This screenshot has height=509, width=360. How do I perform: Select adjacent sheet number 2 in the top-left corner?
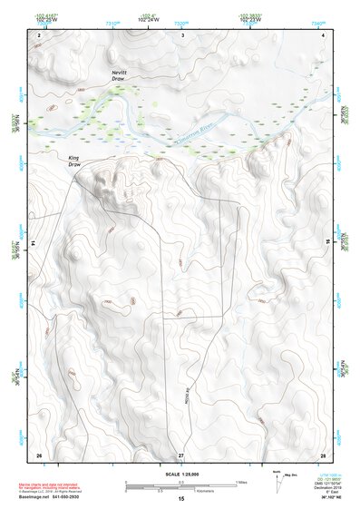tap(39, 34)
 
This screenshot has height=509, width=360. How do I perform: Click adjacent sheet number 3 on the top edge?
tap(182, 34)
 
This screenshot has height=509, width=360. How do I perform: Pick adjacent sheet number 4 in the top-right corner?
tap(324, 34)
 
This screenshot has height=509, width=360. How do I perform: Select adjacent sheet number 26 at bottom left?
tap(39, 454)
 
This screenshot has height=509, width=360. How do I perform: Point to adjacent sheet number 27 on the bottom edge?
tap(181, 454)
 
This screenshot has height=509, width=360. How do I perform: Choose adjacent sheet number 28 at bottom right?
tap(323, 454)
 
